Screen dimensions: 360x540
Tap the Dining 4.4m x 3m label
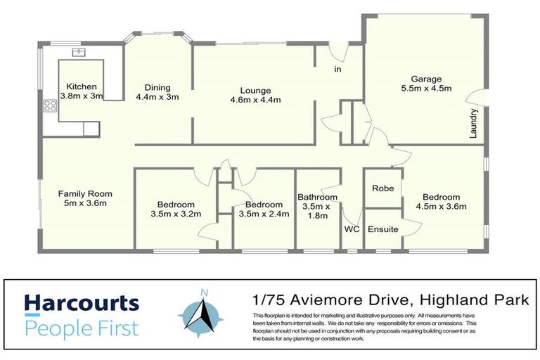tap(157, 93)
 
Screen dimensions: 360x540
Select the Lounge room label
tap(255, 95)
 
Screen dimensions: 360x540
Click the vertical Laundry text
tap(475, 122)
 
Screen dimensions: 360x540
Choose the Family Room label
tap(85, 199)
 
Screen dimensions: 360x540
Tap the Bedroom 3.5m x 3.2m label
tap(176, 210)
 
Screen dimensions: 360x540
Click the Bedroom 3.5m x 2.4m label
tap(264, 210)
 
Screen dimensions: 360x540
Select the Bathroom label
tap(317, 206)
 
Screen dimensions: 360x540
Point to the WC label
tap(352, 229)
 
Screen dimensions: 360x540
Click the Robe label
tap(382, 188)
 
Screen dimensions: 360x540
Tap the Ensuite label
tap(382, 229)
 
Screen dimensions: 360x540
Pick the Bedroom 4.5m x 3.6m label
tap(441, 202)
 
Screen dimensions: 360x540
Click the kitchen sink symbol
tap(78, 52)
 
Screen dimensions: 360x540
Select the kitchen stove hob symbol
tap(50, 107)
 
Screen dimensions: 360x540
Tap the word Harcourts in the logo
tap(82, 303)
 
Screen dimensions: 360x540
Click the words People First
tap(82, 328)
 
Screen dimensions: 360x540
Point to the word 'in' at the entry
tap(337, 69)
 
